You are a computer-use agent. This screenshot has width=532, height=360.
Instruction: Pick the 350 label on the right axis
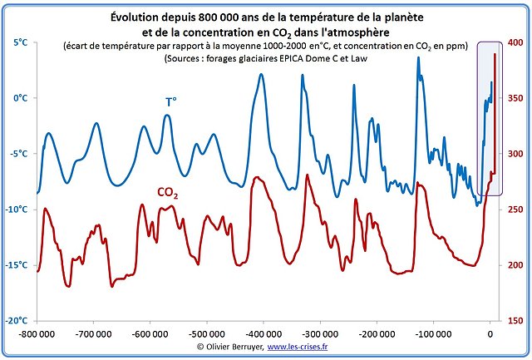pyautogui.click(x=515, y=98)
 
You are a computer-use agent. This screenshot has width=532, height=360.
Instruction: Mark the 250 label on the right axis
pyautogui.click(x=515, y=210)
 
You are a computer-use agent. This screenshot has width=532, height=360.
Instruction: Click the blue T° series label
pyautogui.click(x=170, y=101)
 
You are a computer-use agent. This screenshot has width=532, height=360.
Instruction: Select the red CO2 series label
pyautogui.click(x=168, y=193)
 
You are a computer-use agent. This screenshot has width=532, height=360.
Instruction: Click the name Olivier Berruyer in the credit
pyautogui.click(x=231, y=347)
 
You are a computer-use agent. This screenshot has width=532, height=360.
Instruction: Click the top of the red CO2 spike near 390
pyautogui.click(x=495, y=54)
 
